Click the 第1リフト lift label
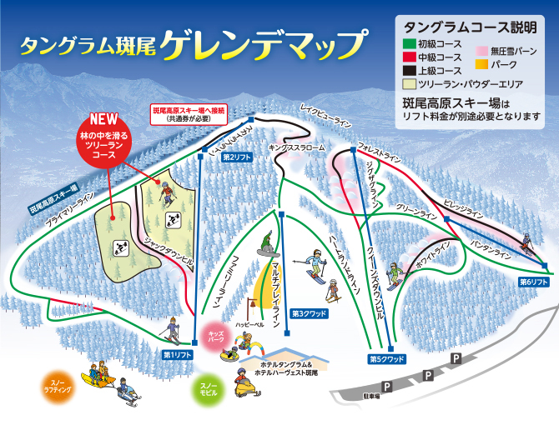tap(179, 354)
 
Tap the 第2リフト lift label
tap(237, 157)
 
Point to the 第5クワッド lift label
tap(386, 359)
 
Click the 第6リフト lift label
tap(533, 282)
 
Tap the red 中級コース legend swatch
tap(409, 57)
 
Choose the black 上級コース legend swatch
tap(409, 71)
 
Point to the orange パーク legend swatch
tap(483, 62)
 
